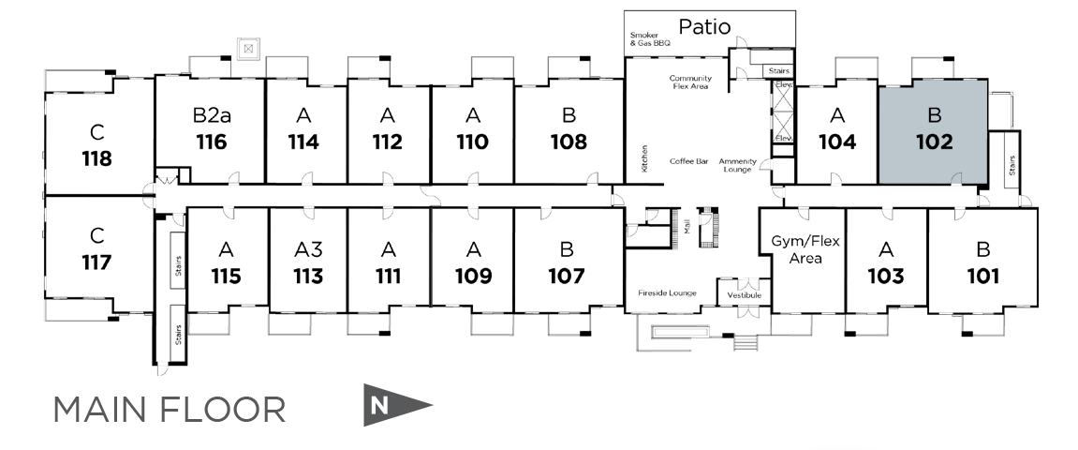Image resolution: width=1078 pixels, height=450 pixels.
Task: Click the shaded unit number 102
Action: (934, 142)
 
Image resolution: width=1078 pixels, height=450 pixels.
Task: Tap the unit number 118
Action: (96, 158)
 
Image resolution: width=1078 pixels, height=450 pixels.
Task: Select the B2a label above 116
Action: (212, 115)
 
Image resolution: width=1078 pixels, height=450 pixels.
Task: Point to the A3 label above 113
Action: (308, 249)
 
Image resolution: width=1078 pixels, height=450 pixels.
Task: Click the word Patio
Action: (705, 26)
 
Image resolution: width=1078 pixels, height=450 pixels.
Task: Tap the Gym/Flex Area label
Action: (806, 249)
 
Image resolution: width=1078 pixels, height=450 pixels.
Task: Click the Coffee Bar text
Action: (688, 161)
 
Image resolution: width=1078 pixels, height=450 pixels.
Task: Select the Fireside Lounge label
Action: (668, 293)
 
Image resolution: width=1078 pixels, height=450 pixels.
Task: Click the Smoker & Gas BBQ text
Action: (651, 40)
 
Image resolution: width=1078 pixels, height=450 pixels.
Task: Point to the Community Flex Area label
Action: (691, 82)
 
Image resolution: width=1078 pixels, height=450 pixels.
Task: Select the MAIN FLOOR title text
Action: (169, 410)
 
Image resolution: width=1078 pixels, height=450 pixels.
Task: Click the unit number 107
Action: (567, 277)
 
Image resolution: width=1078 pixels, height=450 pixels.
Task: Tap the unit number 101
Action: (982, 277)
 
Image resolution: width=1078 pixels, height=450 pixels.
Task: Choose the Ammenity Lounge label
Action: (737, 165)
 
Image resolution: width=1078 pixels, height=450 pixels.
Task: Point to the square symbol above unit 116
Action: (248, 48)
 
